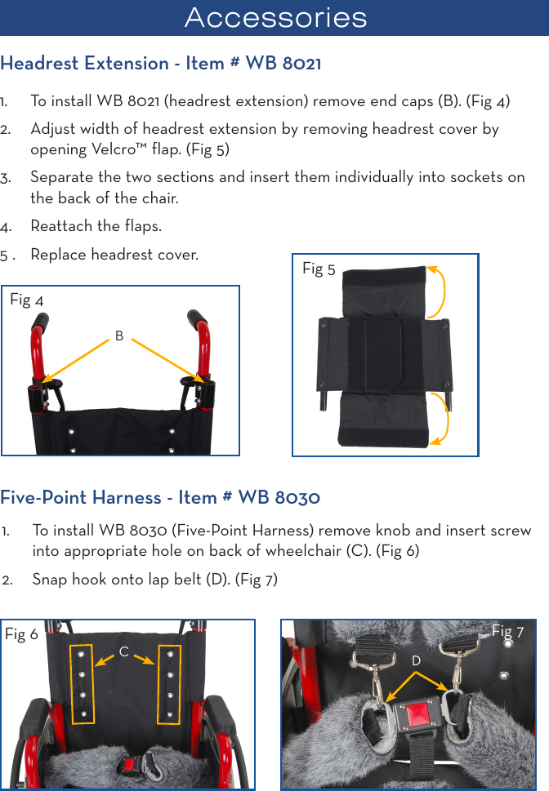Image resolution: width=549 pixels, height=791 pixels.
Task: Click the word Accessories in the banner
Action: click(275, 17)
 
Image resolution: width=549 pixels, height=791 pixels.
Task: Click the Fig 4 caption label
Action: click(26, 300)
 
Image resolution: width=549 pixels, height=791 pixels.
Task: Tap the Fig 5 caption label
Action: click(319, 269)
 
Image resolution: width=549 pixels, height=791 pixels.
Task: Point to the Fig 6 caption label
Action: click(21, 634)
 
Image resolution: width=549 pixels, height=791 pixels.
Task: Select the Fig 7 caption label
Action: click(507, 632)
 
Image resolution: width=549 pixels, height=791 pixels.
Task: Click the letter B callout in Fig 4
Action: click(119, 336)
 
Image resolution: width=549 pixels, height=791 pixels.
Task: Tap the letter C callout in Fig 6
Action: click(124, 652)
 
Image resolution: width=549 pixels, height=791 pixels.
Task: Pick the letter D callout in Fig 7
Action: click(416, 660)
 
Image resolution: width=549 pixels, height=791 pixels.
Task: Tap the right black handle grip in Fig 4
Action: click(198, 318)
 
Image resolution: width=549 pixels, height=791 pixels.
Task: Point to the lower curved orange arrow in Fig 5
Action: click(441, 417)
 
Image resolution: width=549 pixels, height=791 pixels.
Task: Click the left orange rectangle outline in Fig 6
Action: click(83, 684)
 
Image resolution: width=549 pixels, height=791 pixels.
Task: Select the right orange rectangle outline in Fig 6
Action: click(170, 683)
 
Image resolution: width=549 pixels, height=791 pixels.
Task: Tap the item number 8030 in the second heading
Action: click(297, 498)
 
